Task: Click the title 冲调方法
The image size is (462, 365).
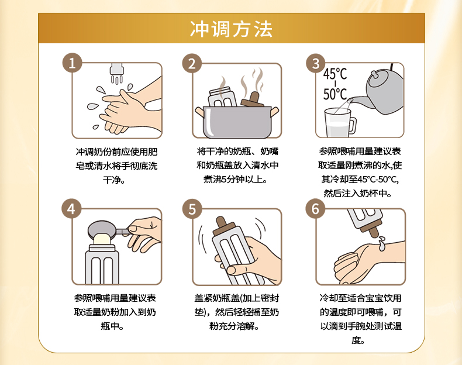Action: click(232, 29)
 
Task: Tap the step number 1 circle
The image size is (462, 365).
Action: click(72, 63)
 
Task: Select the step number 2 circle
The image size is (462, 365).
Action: click(192, 63)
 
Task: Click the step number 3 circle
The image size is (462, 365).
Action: click(316, 63)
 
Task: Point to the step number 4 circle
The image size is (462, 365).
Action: click(71, 209)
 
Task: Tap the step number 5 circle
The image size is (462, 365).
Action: click(192, 209)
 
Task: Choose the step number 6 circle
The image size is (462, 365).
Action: click(315, 209)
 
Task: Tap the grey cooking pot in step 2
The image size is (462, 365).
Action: click(237, 122)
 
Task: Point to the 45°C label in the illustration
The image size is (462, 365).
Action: click(335, 74)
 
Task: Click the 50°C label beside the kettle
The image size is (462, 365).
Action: click(335, 94)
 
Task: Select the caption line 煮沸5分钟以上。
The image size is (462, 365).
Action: click(235, 179)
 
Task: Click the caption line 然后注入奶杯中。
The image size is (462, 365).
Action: click(358, 193)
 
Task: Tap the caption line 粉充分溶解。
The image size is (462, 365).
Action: click(235, 326)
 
